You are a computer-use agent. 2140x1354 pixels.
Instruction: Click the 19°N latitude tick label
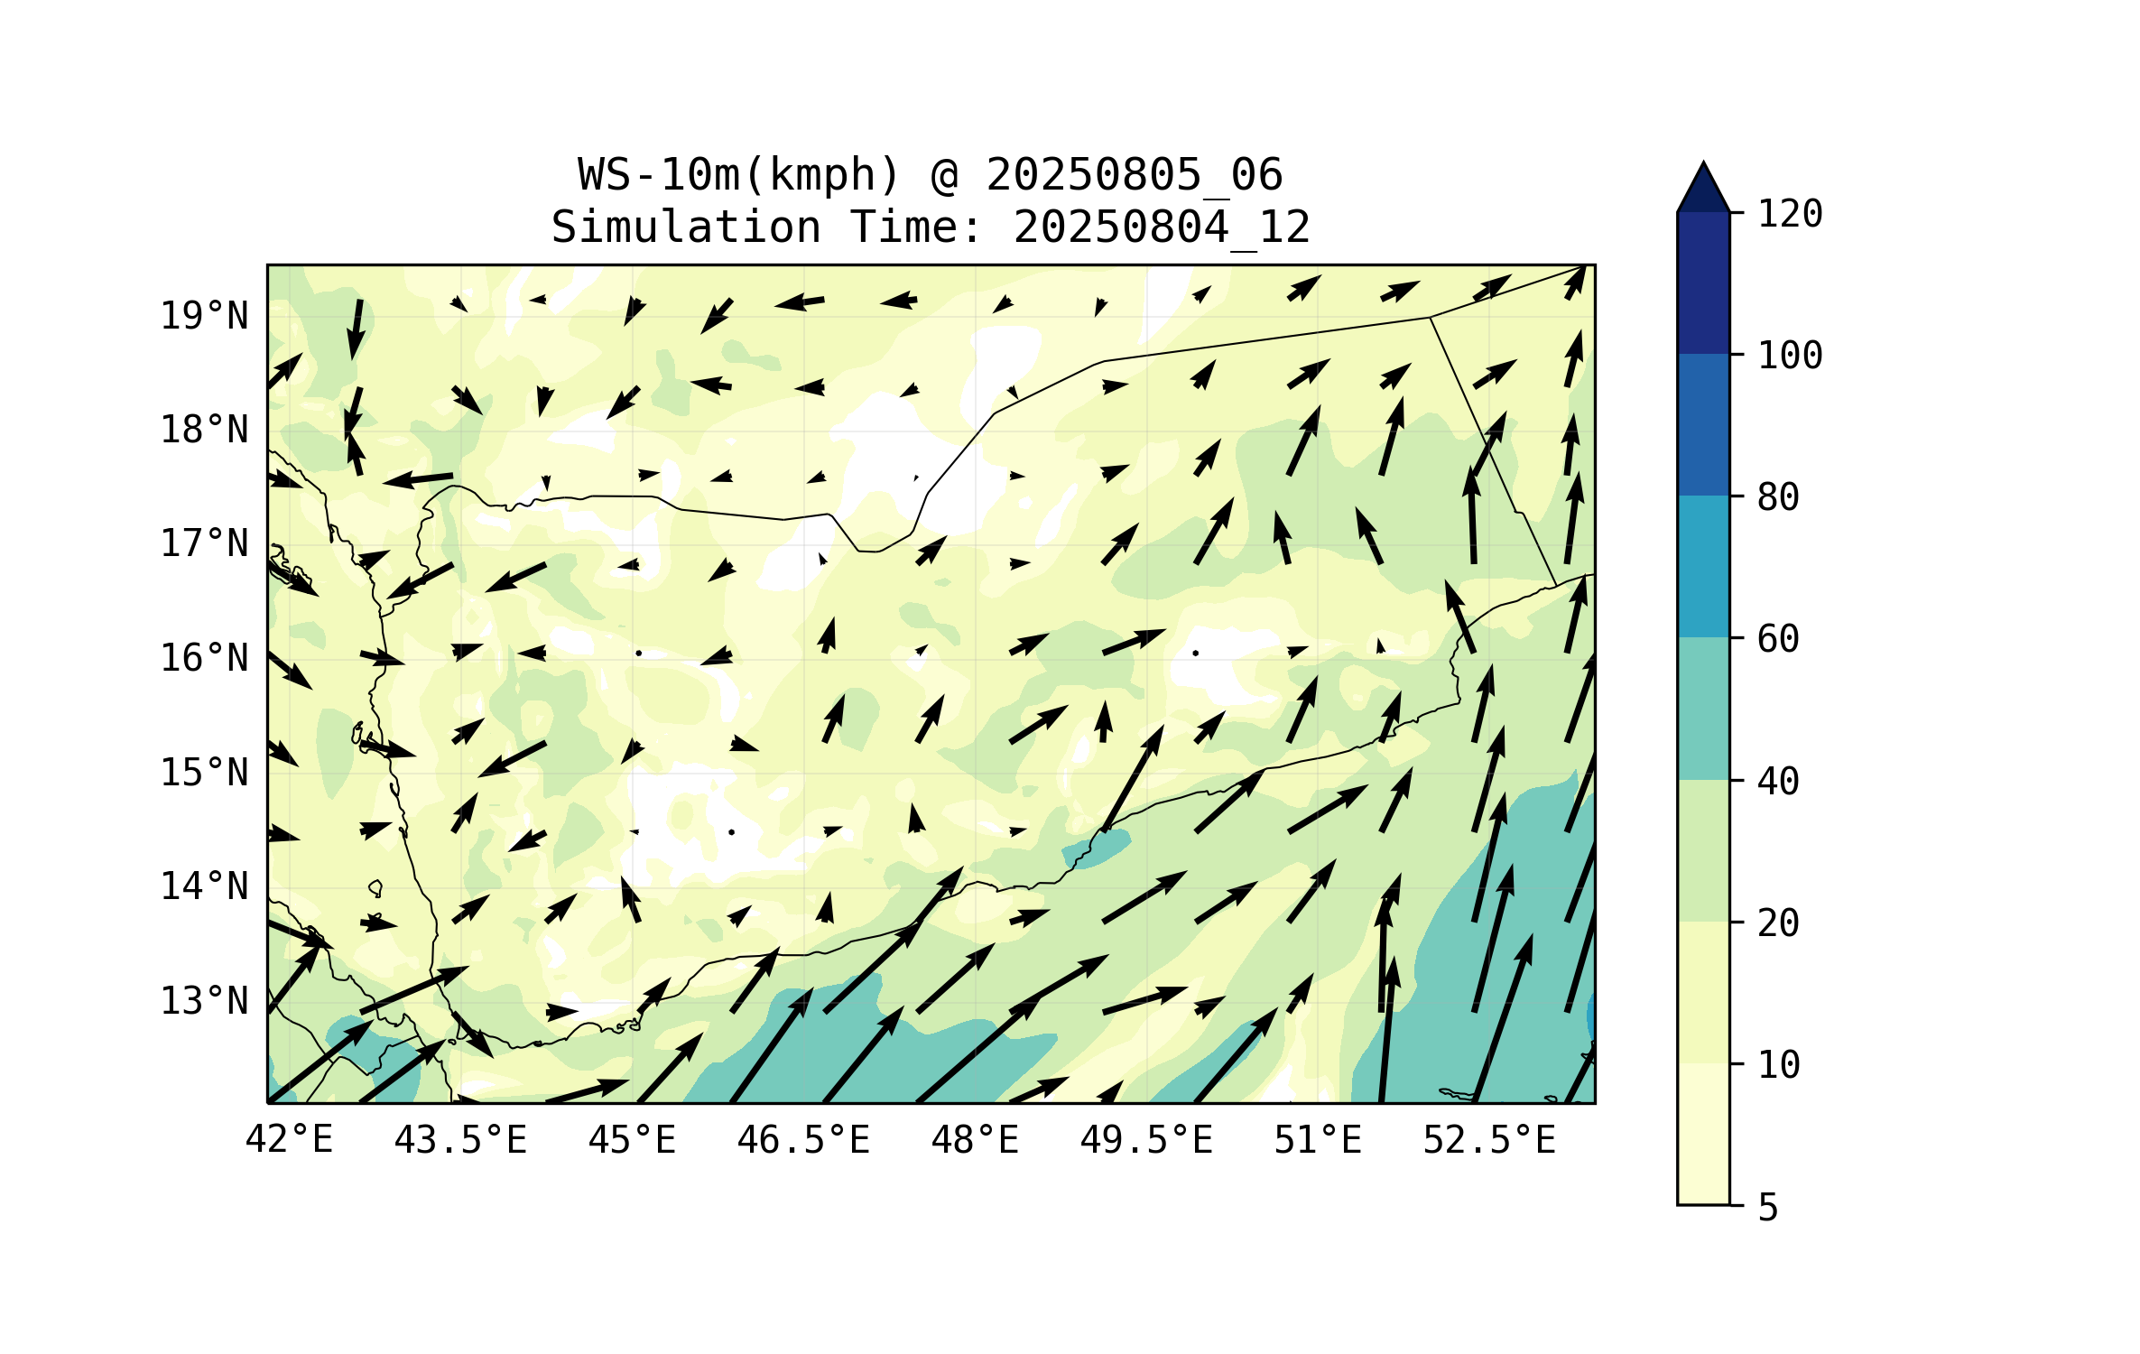point(204,316)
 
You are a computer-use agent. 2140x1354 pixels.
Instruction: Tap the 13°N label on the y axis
point(204,1001)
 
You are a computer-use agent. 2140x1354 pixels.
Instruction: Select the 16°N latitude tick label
point(204,658)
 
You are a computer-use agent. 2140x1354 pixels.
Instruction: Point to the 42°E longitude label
point(289,1140)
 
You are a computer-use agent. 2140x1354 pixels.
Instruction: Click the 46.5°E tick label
point(803,1140)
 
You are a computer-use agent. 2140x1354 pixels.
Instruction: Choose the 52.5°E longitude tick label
point(1489,1140)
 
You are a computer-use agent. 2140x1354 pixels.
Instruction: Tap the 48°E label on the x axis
point(975,1140)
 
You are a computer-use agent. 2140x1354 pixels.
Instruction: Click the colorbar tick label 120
point(1790,214)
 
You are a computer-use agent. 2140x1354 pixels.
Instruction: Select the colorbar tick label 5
point(1768,1208)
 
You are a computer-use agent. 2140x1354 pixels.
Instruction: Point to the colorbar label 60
point(1778,639)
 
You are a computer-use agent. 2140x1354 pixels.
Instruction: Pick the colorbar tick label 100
point(1790,356)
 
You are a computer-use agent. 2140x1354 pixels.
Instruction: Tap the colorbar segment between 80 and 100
point(1703,424)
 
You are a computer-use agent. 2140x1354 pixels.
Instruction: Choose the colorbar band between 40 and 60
point(1703,709)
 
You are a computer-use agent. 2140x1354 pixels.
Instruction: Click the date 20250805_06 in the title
point(1134,175)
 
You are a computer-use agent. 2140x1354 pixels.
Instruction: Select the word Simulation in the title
point(686,227)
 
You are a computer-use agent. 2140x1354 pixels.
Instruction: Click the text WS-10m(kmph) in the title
point(739,175)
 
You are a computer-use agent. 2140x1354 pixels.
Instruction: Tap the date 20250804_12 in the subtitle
point(1162,227)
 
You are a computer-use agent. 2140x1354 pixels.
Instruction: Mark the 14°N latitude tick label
point(204,886)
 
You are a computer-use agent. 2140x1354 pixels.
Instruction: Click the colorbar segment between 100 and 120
point(1703,283)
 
